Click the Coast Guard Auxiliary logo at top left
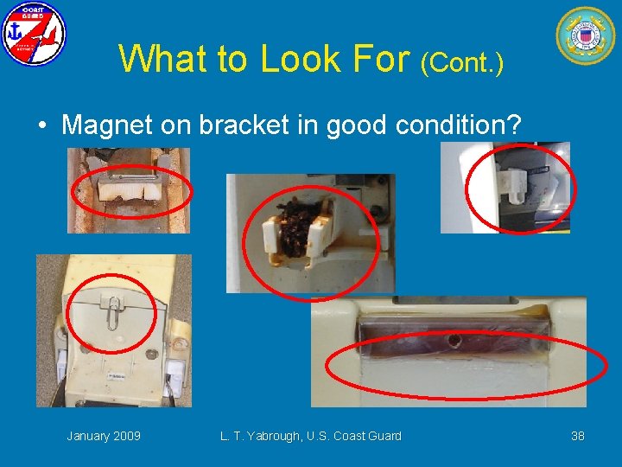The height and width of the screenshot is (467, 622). click(33, 35)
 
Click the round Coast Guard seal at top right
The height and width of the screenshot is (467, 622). click(586, 35)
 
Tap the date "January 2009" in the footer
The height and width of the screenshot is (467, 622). click(104, 436)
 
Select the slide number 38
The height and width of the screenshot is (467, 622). click(577, 436)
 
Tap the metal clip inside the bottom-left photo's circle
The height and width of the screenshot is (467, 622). click(112, 310)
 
